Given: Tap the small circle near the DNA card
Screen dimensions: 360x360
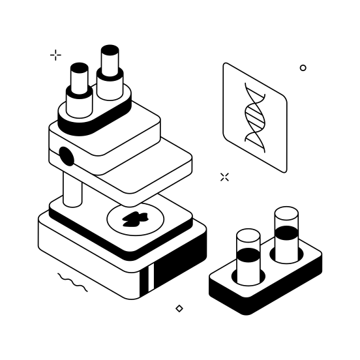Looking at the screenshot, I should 303,68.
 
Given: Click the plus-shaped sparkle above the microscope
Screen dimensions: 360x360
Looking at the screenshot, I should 56,55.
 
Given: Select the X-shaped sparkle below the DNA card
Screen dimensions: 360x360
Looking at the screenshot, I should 224,177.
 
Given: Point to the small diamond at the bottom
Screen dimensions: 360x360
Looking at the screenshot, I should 179,308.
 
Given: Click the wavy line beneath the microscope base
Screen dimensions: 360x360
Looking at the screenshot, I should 72,282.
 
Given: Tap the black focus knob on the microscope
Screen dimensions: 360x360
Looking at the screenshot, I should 66,156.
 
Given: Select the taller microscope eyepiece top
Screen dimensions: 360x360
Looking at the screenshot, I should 110,50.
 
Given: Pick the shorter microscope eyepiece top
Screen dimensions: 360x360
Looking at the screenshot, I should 80,68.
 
